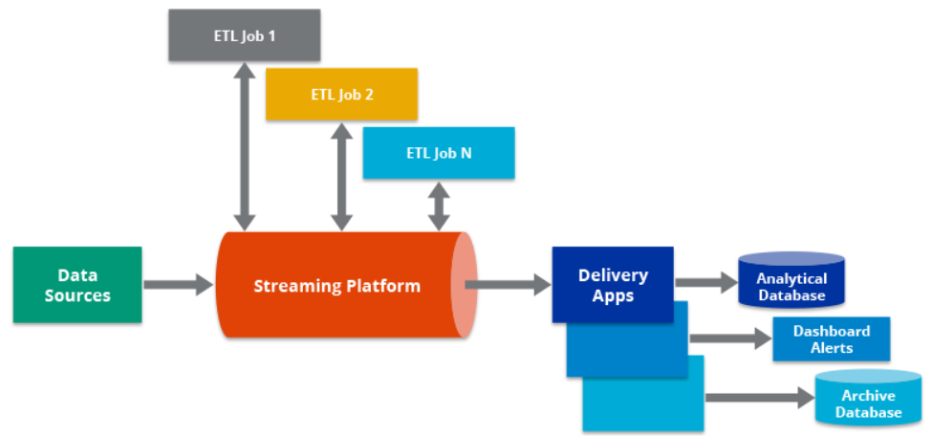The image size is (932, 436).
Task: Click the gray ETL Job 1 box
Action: (x=243, y=35)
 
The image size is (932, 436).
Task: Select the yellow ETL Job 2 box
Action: (x=341, y=94)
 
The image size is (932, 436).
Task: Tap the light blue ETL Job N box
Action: (x=439, y=153)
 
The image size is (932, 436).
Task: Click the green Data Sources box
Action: (x=77, y=284)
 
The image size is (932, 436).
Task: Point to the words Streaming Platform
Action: (x=336, y=286)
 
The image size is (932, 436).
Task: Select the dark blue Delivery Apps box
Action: (x=613, y=284)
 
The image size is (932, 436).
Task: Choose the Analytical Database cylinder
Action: (x=791, y=281)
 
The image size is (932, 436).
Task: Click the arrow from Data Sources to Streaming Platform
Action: (x=178, y=284)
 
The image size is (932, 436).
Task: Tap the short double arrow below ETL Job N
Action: (x=439, y=206)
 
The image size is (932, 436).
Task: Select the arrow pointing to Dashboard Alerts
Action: (x=730, y=338)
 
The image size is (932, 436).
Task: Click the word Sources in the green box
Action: (x=77, y=295)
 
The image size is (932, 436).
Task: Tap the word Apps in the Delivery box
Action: (x=613, y=295)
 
